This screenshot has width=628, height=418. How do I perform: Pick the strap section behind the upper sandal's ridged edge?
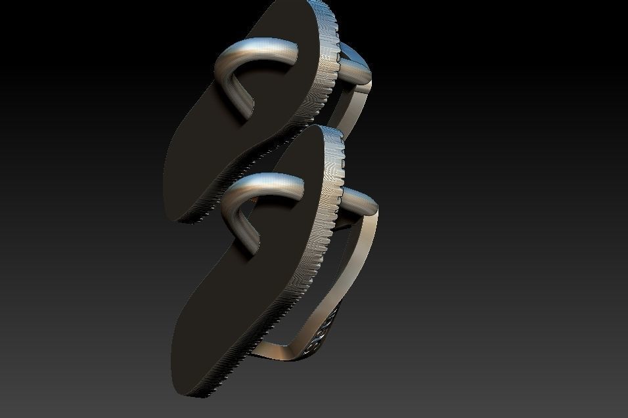tap(355, 62)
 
